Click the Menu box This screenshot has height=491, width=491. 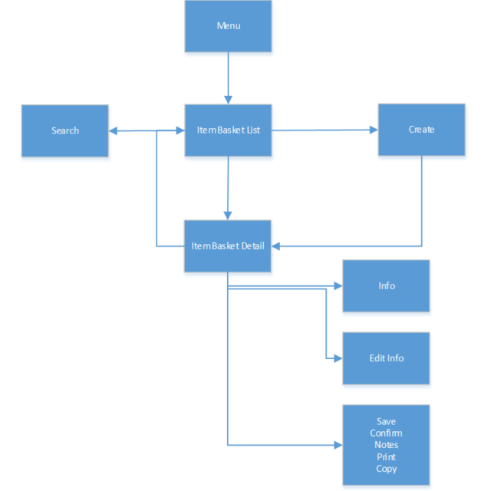point(228,26)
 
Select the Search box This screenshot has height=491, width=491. point(65,130)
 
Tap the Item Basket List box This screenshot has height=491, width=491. point(228,130)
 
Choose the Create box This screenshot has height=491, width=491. point(421,130)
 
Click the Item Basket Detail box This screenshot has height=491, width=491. point(228,245)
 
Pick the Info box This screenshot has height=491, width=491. point(386,285)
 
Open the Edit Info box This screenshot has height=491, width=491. point(386,358)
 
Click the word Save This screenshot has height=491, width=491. point(386,421)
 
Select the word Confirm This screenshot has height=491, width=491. point(386,433)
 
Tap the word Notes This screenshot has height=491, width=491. point(386,445)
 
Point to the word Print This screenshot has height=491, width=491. point(386,457)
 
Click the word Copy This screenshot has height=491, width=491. point(386,469)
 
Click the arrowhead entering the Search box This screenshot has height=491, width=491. point(113,130)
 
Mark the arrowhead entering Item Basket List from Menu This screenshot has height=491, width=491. point(228,99)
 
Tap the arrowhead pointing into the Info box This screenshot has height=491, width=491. point(338,286)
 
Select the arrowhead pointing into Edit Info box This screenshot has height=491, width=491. point(338,358)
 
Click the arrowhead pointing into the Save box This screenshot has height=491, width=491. point(338,445)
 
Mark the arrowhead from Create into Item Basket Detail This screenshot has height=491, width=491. point(276,246)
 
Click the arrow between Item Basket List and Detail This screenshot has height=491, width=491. point(228,188)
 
